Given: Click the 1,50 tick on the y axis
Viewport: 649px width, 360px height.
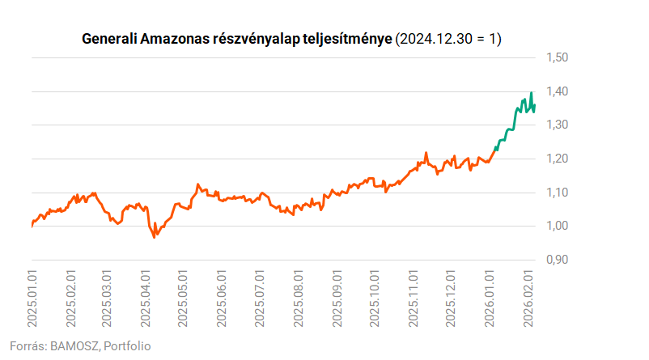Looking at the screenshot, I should pos(558,57).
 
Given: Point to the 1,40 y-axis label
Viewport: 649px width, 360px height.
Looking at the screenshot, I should pos(558,91).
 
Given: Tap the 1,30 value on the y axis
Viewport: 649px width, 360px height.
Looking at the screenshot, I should pos(558,125).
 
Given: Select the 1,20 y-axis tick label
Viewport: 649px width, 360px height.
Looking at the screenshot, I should pos(558,159).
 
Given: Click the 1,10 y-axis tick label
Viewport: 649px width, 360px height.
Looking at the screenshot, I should pos(558,193).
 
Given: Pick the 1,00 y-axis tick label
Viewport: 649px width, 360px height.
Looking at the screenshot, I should pos(558,226).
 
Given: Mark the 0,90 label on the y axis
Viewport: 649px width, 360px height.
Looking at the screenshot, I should pos(558,260).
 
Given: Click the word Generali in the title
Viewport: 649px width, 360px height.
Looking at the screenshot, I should pos(110,39).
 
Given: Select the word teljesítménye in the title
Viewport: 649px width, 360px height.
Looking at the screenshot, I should pos(350,39).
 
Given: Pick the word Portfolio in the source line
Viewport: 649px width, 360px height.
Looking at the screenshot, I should pos(128,345).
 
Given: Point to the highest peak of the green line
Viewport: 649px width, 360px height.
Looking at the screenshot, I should pos(531,93).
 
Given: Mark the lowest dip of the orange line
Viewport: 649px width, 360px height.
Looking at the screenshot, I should pos(155,236).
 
